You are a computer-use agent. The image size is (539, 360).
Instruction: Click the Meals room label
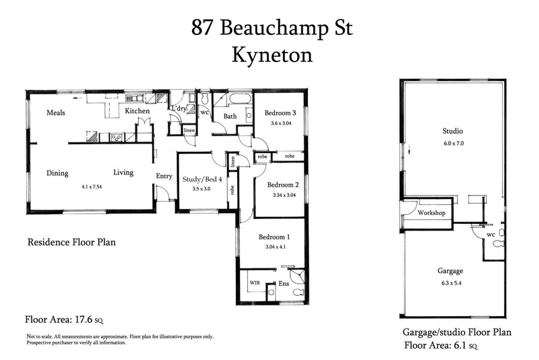pyautogui.click(x=55, y=113)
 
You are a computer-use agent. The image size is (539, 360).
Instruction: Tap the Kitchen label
pyautogui.click(x=137, y=111)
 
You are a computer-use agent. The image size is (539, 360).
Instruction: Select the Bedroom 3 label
pyautogui.click(x=280, y=113)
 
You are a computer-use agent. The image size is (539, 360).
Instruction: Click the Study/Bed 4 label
pyautogui.click(x=202, y=179)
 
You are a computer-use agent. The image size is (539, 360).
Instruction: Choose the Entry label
pyautogui.click(x=164, y=176)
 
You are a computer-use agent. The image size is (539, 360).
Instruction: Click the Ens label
pyautogui.click(x=284, y=284)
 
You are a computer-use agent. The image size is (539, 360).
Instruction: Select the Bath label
pyautogui.click(x=230, y=117)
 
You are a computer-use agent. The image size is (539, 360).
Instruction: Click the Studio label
pyautogui.click(x=453, y=131)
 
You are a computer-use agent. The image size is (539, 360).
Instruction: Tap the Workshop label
pyautogui.click(x=432, y=213)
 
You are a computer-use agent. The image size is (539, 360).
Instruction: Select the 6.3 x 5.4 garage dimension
pyautogui.click(x=453, y=282)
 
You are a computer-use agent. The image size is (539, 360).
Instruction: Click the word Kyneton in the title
pyautogui.click(x=272, y=55)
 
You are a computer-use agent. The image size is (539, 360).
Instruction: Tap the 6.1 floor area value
pyautogui.click(x=459, y=346)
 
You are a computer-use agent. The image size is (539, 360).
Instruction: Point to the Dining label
pyautogui.click(x=57, y=173)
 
